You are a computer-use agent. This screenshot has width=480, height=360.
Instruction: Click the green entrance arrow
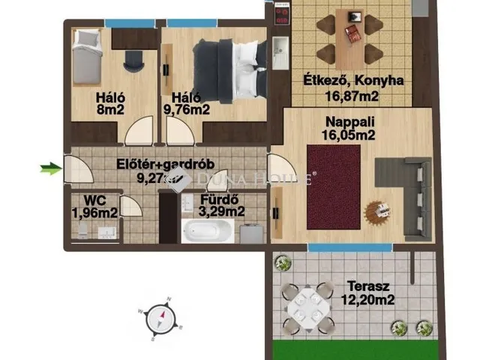click(x=50, y=169)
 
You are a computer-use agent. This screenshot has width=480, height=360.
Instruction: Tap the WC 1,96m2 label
click(x=94, y=206)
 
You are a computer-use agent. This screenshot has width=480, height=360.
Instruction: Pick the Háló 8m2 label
click(x=110, y=103)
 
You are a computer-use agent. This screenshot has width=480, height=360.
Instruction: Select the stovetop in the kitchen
click(x=282, y=12)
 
